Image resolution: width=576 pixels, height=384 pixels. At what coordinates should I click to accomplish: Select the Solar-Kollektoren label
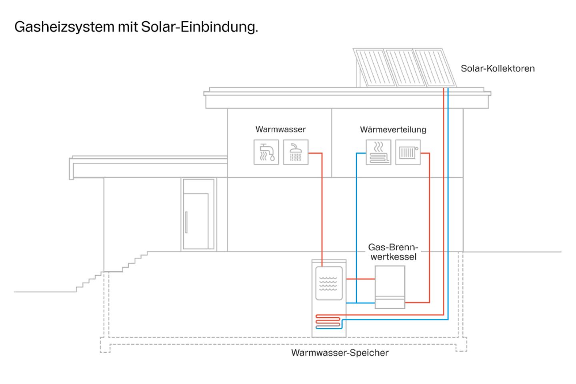point(497,68)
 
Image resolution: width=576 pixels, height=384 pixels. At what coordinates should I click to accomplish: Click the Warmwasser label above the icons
point(280,129)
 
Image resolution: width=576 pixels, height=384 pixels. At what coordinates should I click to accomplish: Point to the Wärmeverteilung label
point(393,130)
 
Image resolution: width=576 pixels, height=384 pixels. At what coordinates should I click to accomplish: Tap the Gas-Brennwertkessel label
point(393,252)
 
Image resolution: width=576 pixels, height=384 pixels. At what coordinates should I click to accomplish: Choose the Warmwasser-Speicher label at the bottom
point(340,353)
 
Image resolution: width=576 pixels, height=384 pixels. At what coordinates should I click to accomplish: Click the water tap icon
point(266,152)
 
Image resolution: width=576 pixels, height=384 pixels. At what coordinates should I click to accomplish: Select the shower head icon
point(296,152)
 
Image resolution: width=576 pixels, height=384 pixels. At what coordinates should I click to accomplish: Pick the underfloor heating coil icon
point(378,152)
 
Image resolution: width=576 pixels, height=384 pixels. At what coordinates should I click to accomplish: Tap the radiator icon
point(408,152)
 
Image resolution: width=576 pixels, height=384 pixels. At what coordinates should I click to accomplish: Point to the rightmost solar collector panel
point(434,67)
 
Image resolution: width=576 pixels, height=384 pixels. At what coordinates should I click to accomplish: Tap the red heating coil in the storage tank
point(328,321)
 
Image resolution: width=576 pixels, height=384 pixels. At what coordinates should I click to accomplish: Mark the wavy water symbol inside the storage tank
point(328,283)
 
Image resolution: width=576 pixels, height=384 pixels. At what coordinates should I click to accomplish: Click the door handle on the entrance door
point(186,222)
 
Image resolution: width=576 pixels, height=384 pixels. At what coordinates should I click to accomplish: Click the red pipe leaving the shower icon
point(322,200)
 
